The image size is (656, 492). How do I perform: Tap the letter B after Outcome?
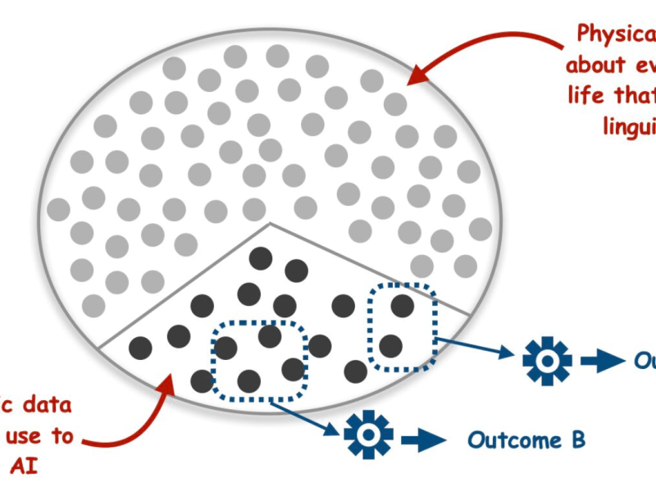coord(577,440)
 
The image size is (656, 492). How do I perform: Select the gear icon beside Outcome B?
coord(363,434)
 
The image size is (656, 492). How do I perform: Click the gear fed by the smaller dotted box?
coord(547,359)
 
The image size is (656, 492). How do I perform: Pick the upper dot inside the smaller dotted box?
coord(402,305)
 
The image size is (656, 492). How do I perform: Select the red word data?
coord(46,404)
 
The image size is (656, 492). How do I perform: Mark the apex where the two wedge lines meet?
coord(271,223)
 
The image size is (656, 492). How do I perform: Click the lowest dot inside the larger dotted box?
coord(249,380)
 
